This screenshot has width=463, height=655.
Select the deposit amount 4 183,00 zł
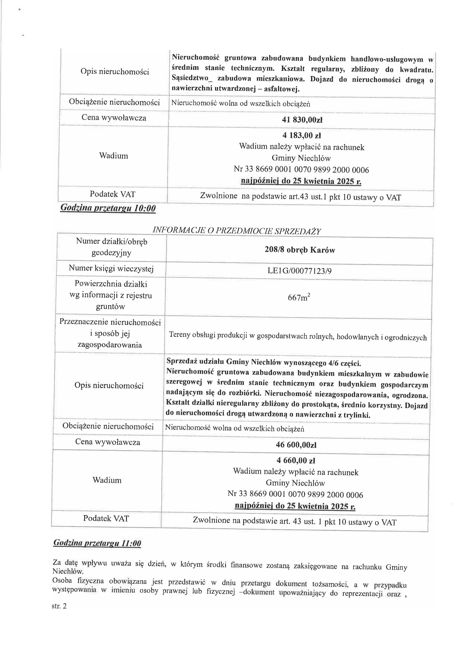click(x=302, y=135)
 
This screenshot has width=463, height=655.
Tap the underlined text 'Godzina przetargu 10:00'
click(x=108, y=208)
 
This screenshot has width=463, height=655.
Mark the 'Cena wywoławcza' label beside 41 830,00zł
click(x=114, y=118)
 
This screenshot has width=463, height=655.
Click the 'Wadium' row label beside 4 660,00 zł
click(x=107, y=480)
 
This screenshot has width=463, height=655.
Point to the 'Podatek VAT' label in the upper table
click(x=112, y=194)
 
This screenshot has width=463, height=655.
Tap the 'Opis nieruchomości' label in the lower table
click(x=109, y=385)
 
